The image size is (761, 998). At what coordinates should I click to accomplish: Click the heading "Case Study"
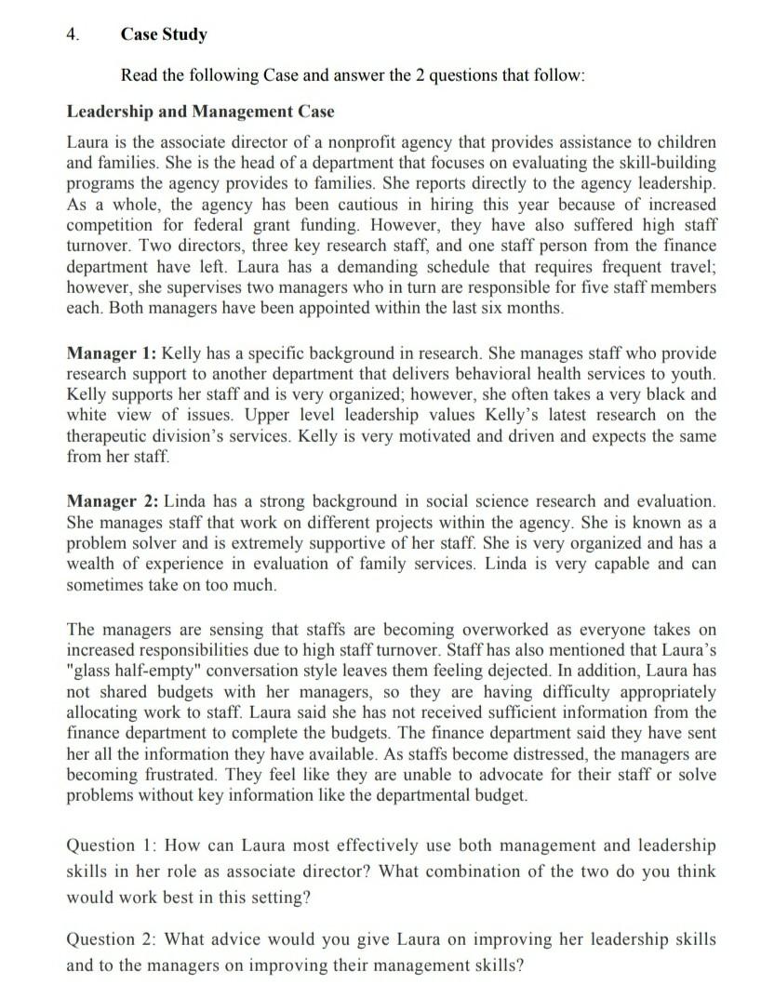(164, 35)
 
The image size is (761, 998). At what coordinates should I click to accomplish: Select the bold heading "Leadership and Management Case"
(200, 112)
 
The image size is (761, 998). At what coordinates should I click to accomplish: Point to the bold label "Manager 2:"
(113, 501)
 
